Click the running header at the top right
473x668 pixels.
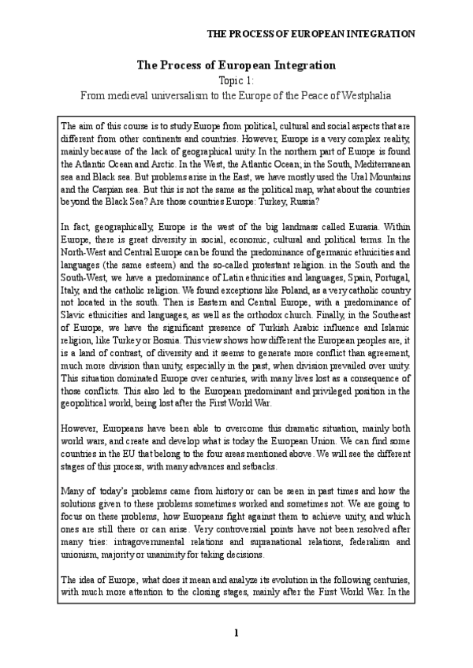(311, 34)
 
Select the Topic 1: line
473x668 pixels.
(236, 80)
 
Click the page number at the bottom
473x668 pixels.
(236, 633)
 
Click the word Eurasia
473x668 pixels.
(339, 225)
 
